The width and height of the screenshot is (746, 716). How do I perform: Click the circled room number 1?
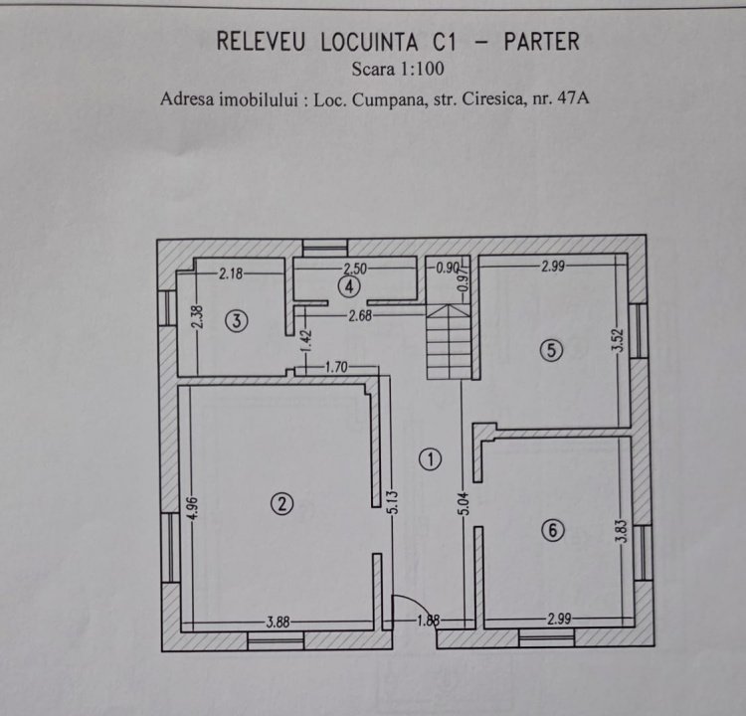430,459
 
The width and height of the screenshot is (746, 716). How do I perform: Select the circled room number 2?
281,504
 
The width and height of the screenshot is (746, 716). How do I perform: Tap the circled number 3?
237,321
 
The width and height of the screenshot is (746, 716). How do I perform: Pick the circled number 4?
349,286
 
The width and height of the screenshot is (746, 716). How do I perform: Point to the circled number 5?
551,350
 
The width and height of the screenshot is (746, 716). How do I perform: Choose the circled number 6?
553,530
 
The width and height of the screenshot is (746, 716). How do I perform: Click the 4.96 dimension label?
191,508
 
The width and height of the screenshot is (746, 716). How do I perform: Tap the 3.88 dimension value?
278,622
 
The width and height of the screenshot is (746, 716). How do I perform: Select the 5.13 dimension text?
393,502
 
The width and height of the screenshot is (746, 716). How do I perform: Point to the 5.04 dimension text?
465,503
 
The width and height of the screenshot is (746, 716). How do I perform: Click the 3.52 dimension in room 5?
618,340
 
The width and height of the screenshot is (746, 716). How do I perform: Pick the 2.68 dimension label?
360,315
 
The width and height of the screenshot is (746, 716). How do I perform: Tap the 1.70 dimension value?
336,367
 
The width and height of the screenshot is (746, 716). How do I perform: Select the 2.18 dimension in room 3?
231,273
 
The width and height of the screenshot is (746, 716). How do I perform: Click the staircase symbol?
449,342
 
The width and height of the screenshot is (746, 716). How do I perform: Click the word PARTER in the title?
542,42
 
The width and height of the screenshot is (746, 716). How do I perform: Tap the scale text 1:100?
422,69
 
